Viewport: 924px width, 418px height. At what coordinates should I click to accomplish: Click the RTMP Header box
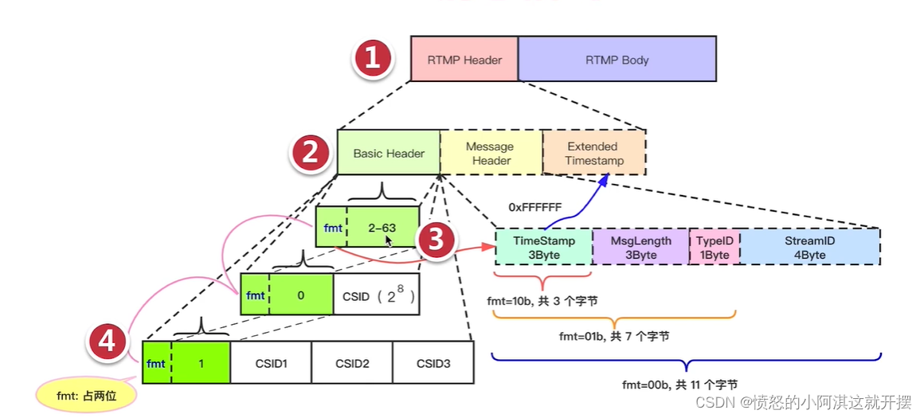464,59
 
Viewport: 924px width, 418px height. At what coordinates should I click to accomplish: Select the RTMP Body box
617,59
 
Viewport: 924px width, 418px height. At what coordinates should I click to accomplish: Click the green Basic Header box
388,153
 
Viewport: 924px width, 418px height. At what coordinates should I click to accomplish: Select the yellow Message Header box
490,153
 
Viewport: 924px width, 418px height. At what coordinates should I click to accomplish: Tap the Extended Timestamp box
593,153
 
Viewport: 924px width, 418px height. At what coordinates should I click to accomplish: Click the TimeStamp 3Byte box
543,247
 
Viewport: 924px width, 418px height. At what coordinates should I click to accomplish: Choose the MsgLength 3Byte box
640,247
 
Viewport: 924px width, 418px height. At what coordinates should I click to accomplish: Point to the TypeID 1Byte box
714,247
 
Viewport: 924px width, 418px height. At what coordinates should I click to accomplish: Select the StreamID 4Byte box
809,247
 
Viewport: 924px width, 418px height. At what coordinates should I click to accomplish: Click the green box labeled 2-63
382,228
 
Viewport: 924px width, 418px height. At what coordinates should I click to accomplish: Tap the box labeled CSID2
351,363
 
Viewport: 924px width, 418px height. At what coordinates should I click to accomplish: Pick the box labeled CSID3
433,363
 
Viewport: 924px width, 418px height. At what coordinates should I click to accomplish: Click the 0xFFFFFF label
535,207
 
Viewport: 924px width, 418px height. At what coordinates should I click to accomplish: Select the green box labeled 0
300,295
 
